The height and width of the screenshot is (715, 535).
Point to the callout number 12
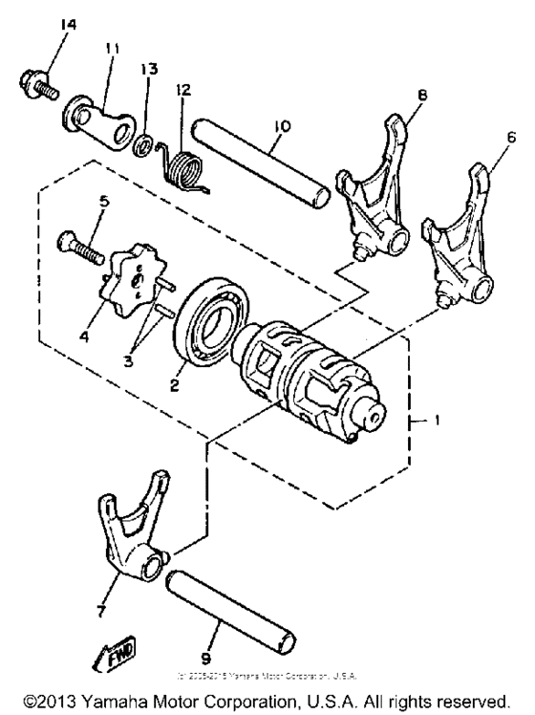pos(183,91)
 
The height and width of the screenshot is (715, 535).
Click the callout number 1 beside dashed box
pos(439,419)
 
